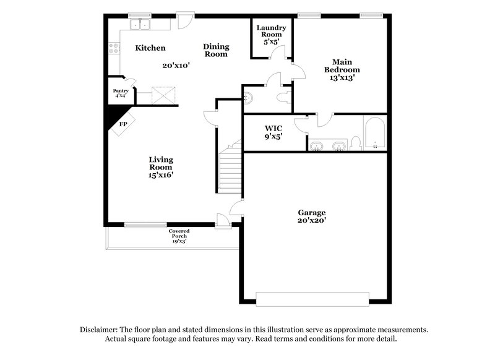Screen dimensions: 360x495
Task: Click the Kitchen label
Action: [150, 48]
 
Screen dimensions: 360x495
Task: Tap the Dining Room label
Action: [217, 50]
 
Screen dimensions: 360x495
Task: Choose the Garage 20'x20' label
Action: [311, 216]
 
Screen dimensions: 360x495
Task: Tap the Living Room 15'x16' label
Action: [160, 167]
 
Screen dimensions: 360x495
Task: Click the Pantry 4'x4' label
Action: [121, 93]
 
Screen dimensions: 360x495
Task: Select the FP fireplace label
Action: [123, 124]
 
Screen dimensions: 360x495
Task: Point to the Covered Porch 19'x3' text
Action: [179, 236]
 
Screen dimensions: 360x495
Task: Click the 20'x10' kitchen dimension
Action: [176, 64]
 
